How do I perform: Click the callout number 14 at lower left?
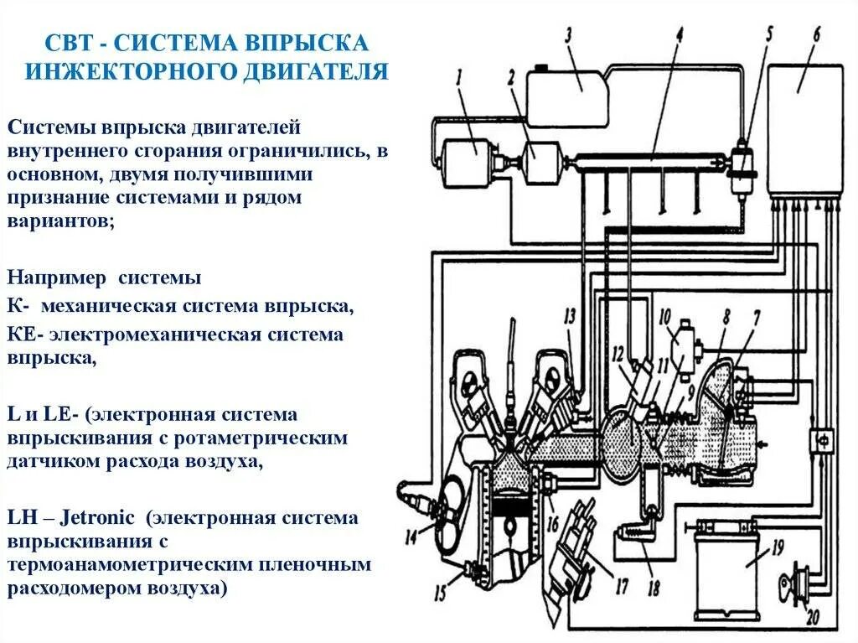[410, 537]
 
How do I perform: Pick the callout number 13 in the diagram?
[570, 316]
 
